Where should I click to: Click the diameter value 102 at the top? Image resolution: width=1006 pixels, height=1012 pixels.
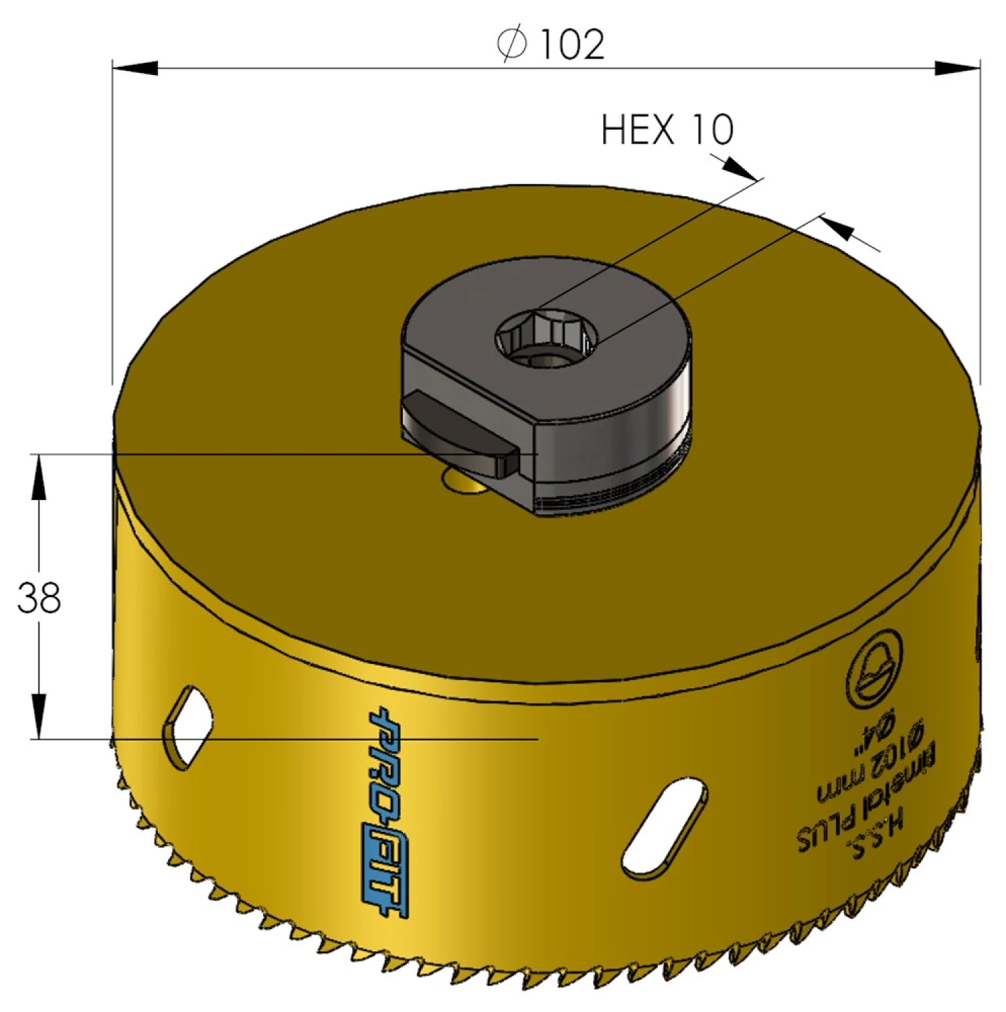coord(572,45)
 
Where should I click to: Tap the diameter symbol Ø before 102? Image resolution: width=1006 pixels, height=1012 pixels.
coord(511,45)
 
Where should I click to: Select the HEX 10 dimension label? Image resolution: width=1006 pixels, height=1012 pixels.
coord(667,130)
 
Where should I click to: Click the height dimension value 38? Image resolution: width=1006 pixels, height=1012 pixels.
coord(39,598)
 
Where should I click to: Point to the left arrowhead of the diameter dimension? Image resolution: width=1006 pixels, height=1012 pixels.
coord(136,68)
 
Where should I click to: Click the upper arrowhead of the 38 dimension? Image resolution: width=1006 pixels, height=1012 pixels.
coord(39,476)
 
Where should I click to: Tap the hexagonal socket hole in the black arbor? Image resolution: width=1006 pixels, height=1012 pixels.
coord(546,337)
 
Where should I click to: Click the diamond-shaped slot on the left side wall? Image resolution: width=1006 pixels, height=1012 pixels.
coord(188,727)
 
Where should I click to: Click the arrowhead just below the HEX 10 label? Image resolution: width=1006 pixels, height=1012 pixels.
coord(739,169)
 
